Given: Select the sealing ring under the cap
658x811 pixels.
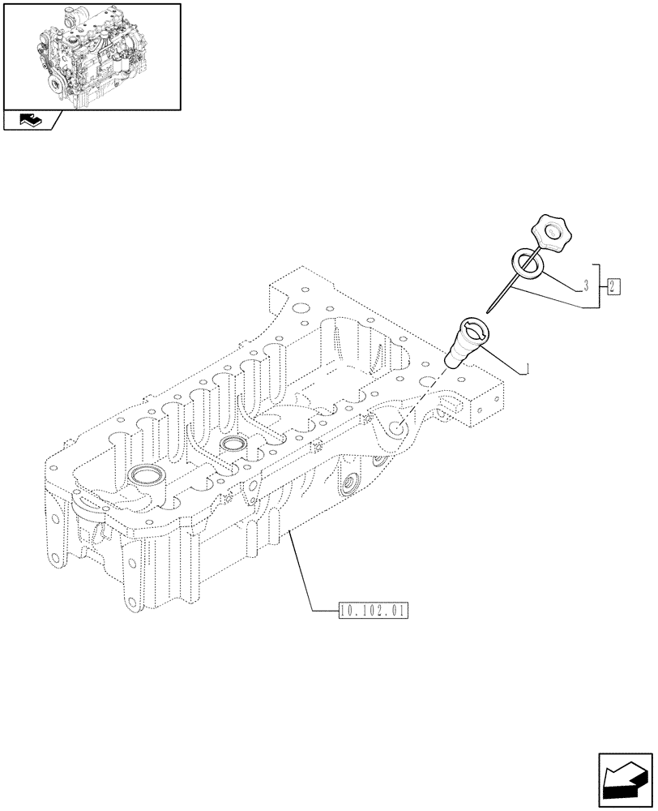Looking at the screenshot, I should tap(527, 264).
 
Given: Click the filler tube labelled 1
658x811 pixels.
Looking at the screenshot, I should tap(464, 345).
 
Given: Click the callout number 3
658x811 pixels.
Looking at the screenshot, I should tap(585, 286).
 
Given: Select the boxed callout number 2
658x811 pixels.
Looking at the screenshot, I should tap(613, 285).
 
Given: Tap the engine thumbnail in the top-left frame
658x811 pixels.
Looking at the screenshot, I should tap(92, 55).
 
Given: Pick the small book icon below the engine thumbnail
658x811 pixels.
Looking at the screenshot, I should tap(30, 121).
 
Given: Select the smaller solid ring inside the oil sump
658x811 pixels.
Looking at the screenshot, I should tap(233, 444).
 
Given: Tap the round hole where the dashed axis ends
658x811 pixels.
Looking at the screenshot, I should tap(396, 431).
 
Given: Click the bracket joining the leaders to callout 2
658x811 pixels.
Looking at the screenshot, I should tap(599, 286).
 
